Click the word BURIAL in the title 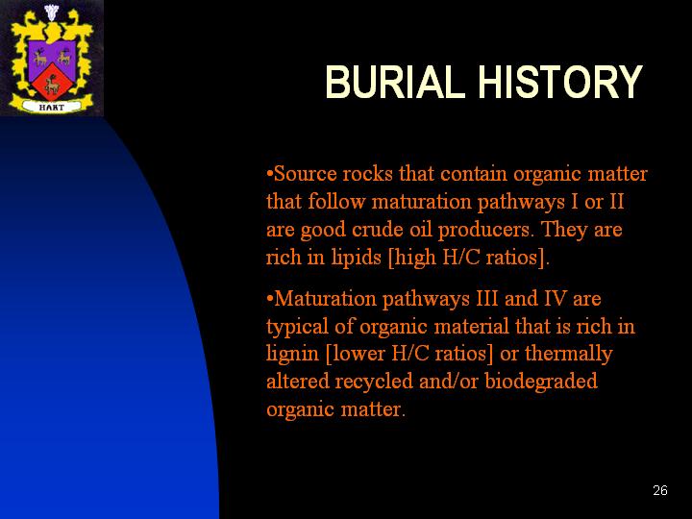point(395,82)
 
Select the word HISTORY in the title point(560,82)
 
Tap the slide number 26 point(660,490)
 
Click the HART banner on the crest point(52,107)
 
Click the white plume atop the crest point(52,12)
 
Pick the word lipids point(356,258)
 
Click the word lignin point(292,355)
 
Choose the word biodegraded point(541,382)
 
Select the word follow point(336,202)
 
